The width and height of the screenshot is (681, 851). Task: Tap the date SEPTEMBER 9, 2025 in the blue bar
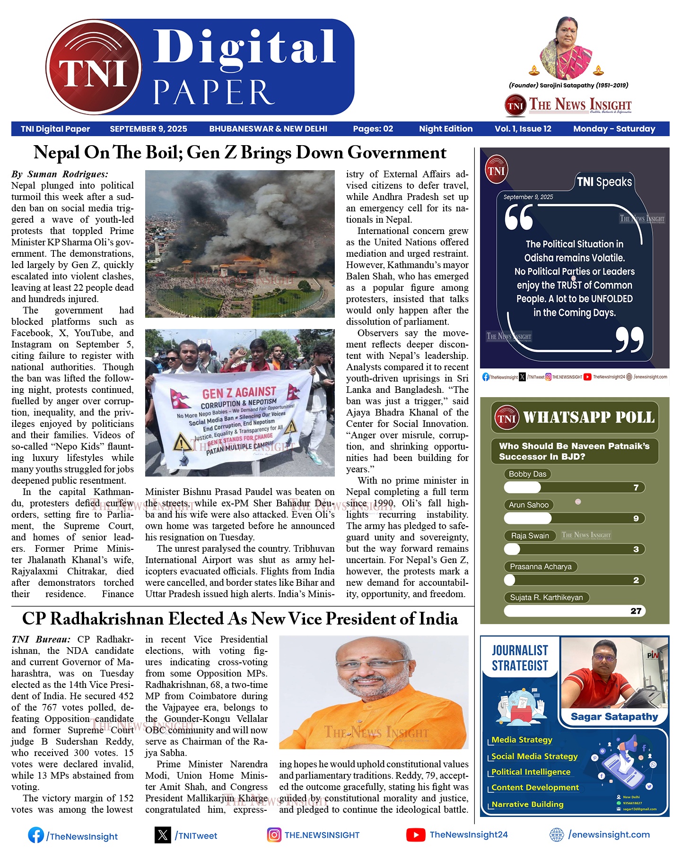click(148, 129)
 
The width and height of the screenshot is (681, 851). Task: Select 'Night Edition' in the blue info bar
click(445, 129)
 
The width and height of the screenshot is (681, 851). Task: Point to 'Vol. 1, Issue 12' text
click(523, 129)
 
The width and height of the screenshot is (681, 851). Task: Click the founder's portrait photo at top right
click(566, 47)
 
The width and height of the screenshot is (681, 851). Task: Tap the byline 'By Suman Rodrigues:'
click(60, 174)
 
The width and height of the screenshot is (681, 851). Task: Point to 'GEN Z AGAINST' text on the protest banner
click(239, 392)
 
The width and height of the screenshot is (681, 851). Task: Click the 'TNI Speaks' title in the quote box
click(604, 182)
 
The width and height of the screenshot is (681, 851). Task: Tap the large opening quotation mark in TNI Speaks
click(519, 218)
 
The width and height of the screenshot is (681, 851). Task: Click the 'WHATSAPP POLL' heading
click(588, 417)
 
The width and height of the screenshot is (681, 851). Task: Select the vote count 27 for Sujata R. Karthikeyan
click(636, 611)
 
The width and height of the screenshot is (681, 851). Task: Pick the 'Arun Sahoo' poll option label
click(528, 505)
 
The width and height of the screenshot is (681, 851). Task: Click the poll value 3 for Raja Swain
click(636, 549)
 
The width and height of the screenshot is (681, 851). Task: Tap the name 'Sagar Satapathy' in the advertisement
click(614, 717)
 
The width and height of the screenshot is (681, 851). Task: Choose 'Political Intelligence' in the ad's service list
click(531, 772)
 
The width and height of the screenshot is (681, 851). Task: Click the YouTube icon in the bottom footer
click(415, 835)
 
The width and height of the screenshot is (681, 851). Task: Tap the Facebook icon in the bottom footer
click(35, 835)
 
